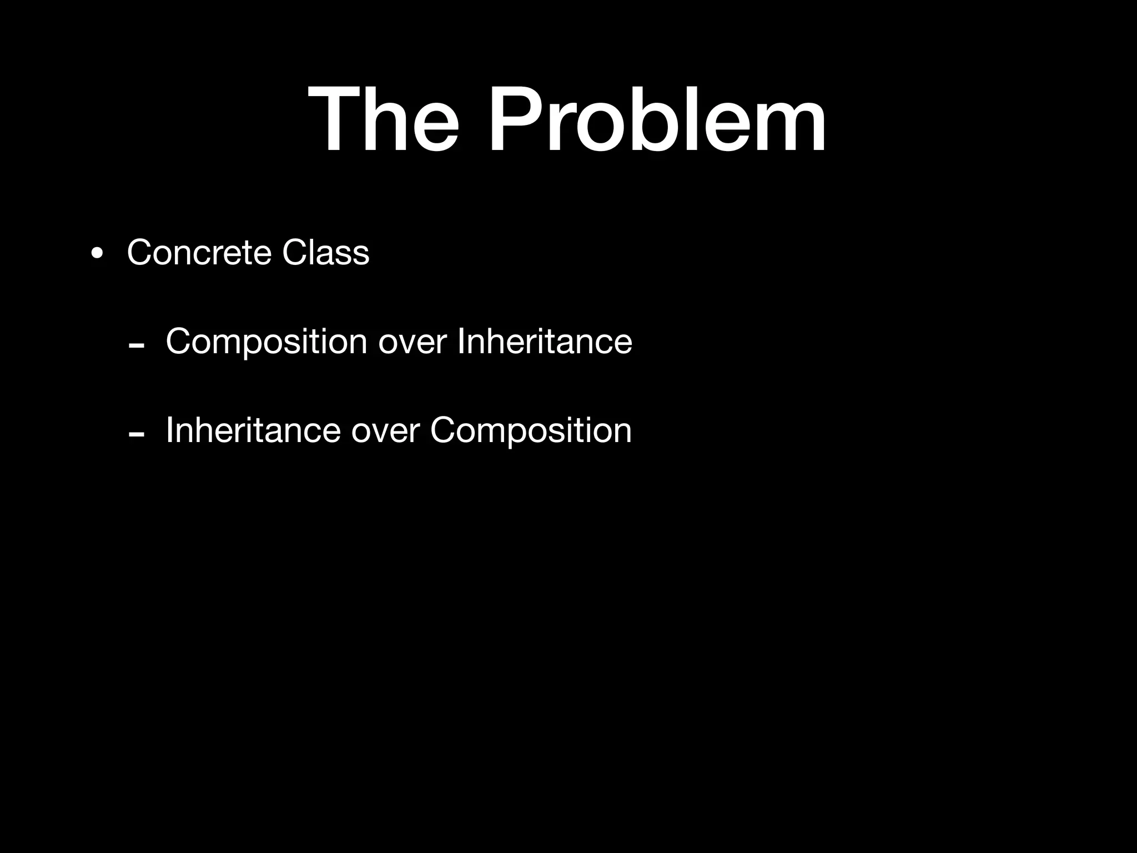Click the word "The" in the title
click(384, 119)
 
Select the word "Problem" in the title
click(657, 119)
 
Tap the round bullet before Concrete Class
click(97, 254)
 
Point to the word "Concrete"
click(199, 253)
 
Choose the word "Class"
click(325, 253)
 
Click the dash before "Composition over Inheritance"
click(136, 345)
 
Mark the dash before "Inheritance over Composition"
click(136, 434)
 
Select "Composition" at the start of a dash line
click(266, 342)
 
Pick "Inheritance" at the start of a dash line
click(253, 430)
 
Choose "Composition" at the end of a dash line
click(531, 431)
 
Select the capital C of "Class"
click(294, 253)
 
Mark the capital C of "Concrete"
click(141, 253)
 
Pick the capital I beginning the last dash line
click(170, 430)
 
